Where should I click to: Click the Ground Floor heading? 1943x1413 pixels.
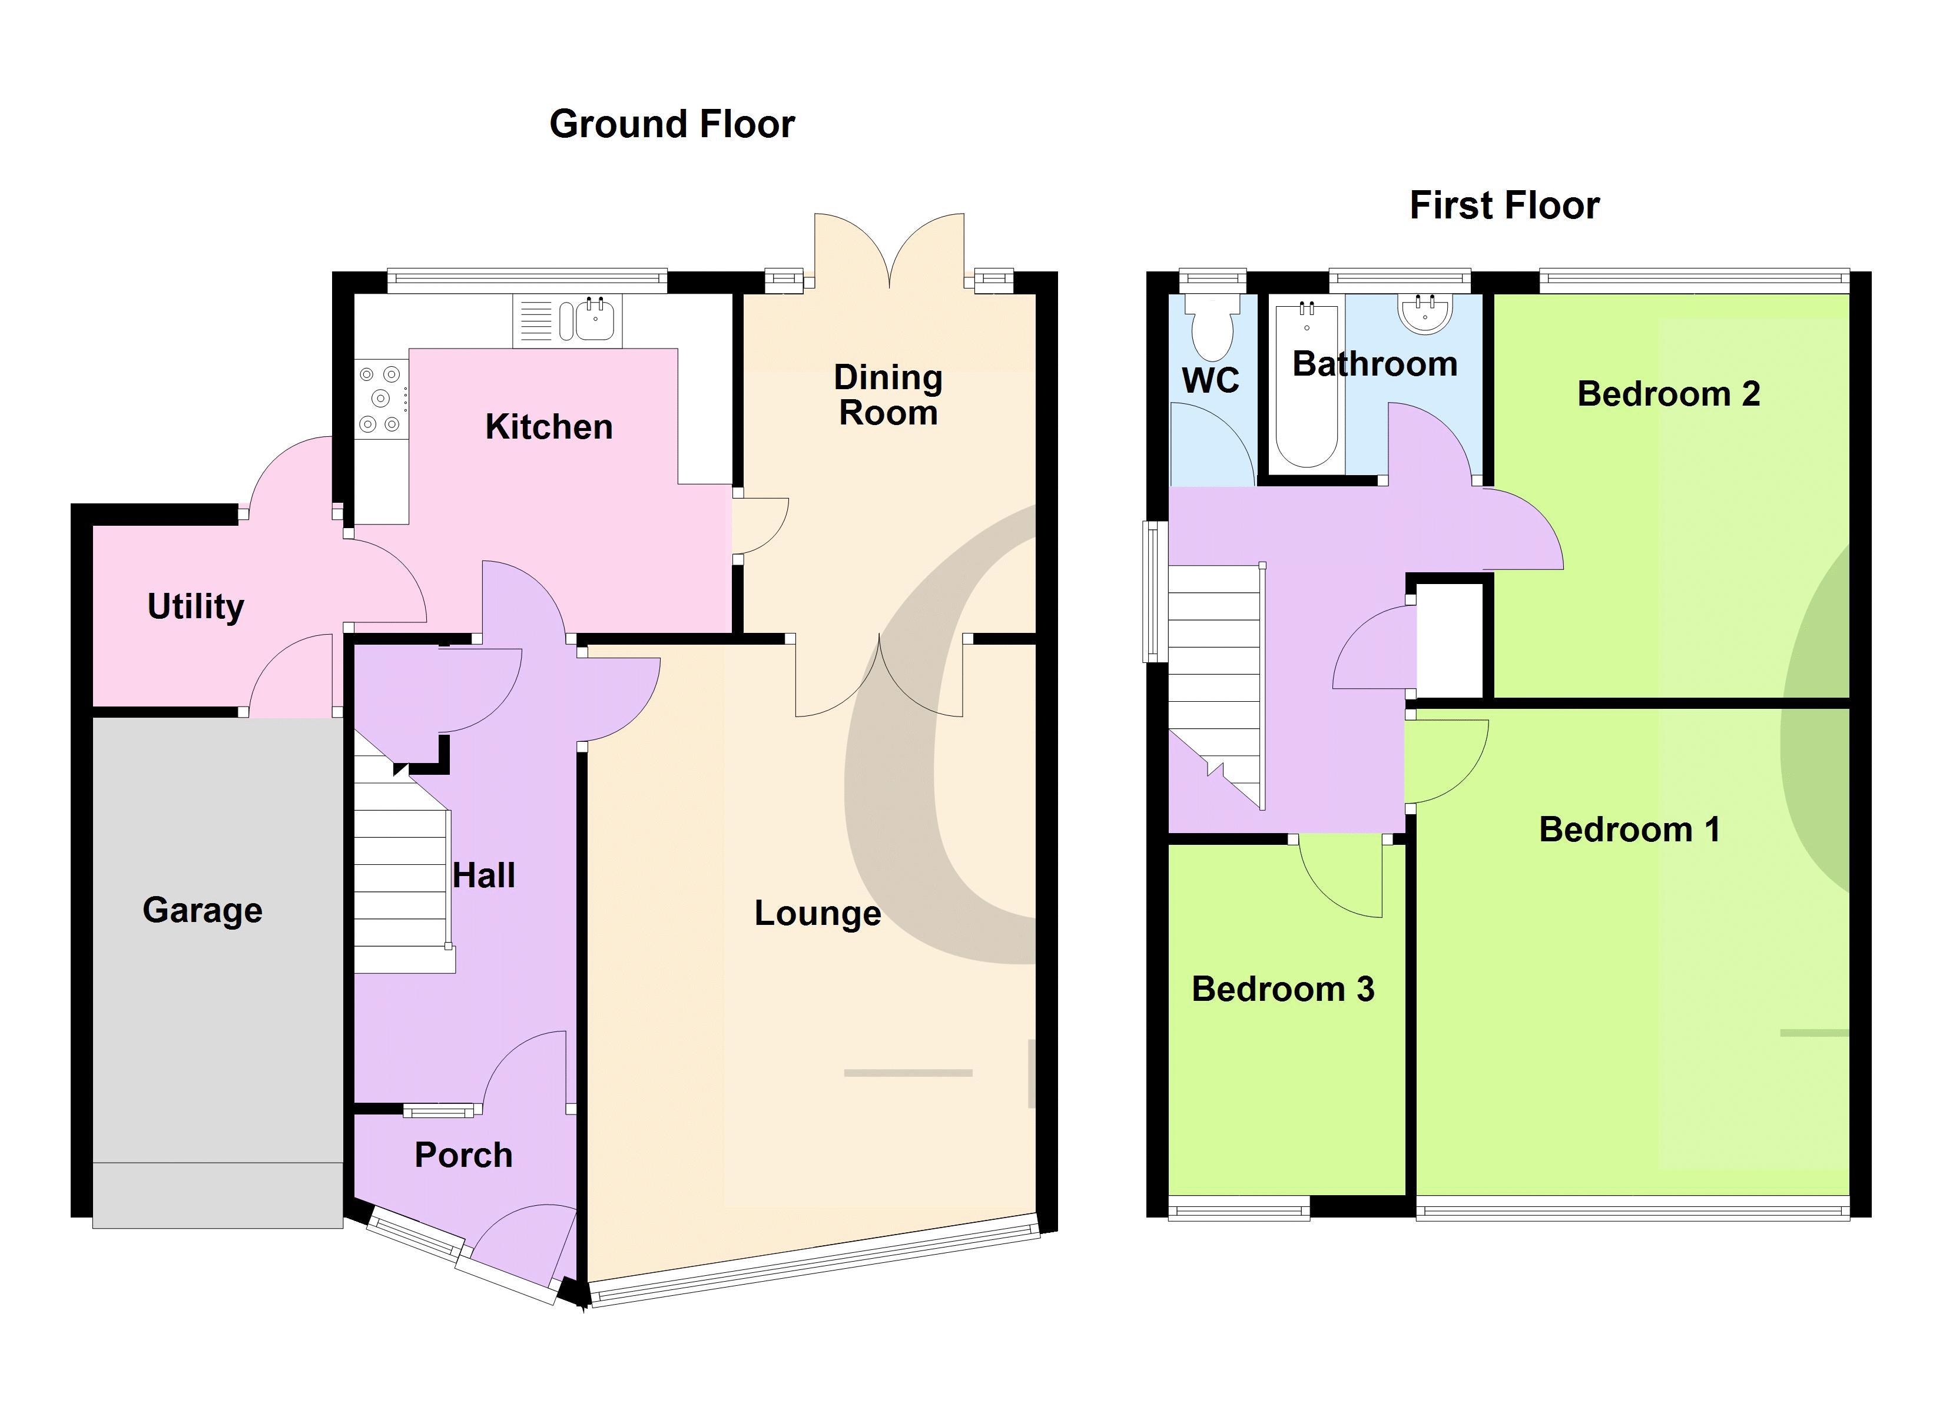[x=672, y=124]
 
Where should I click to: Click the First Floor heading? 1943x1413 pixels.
[x=1504, y=205]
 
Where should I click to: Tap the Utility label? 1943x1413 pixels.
[x=195, y=606]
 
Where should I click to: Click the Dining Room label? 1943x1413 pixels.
[x=888, y=395]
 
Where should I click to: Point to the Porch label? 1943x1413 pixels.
[x=463, y=1155]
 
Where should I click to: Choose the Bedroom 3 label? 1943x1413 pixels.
[x=1282, y=989]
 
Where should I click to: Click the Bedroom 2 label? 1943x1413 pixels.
[x=1668, y=394]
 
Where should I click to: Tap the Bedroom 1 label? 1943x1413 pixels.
[x=1629, y=830]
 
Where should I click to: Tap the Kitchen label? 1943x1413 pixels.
[x=549, y=427]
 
